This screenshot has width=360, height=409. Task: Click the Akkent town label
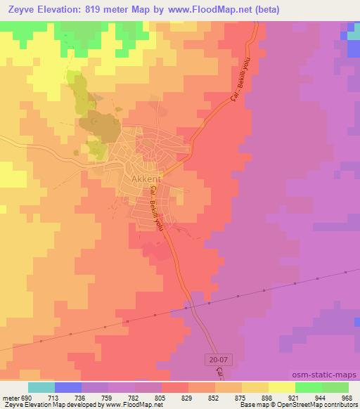(146, 178)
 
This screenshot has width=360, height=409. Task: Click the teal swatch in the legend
(41, 387)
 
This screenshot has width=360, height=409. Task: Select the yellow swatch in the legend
(281, 387)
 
